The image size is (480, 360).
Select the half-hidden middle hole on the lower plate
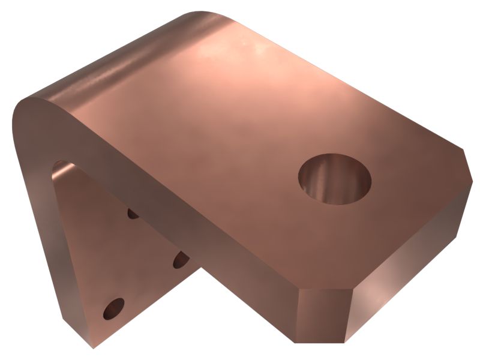[179, 260]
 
